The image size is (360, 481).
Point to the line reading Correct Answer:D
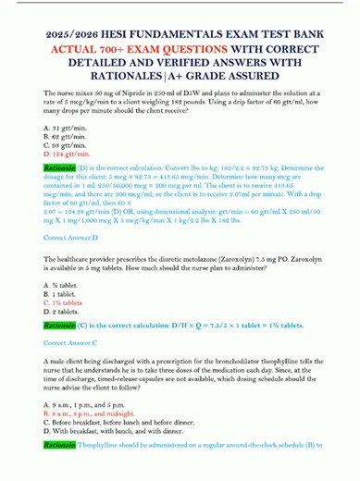69,249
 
